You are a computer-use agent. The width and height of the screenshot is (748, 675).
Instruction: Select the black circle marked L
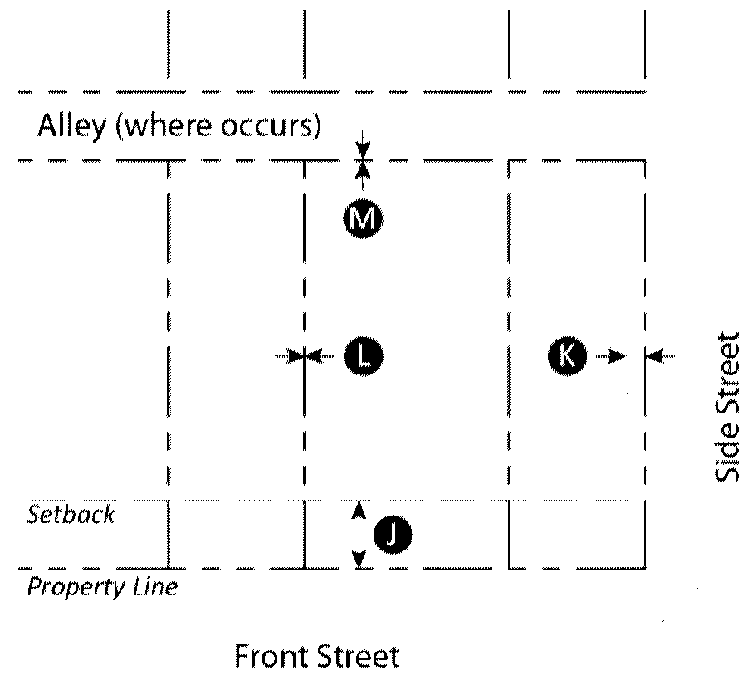click(363, 356)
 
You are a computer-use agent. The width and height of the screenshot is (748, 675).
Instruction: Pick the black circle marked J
click(393, 535)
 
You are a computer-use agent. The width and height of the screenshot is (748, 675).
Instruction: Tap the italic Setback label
click(71, 514)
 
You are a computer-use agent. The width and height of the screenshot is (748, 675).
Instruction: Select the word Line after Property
click(154, 587)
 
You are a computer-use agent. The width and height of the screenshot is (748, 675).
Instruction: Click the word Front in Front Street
click(271, 656)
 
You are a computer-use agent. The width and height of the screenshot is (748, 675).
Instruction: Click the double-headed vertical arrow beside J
click(359, 536)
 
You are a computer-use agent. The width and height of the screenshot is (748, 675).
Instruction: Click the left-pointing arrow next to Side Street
click(662, 356)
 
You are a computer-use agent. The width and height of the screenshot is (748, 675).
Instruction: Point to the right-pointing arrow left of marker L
click(289, 356)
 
